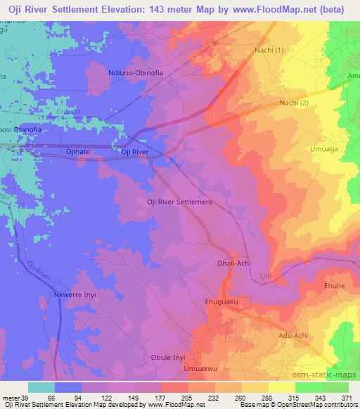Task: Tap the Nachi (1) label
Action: [x=271, y=51]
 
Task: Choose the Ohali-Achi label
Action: [x=235, y=264]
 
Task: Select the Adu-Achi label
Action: [x=294, y=336]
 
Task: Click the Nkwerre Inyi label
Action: [x=74, y=296]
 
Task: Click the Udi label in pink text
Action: [x=264, y=276]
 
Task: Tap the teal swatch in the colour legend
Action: [x=41, y=387]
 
